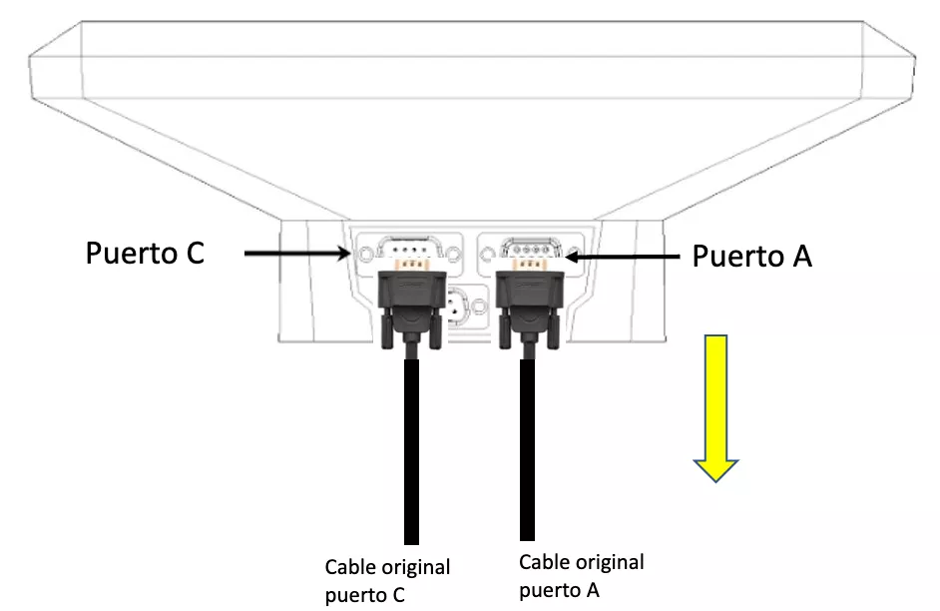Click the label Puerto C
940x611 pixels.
[145, 254]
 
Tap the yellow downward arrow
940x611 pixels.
[715, 410]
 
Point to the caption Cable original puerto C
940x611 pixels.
[387, 581]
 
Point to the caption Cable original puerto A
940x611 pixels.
[581, 575]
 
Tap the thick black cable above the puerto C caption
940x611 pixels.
[410, 449]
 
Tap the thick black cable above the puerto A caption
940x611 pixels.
[527, 449]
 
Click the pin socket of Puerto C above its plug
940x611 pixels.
[408, 246]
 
